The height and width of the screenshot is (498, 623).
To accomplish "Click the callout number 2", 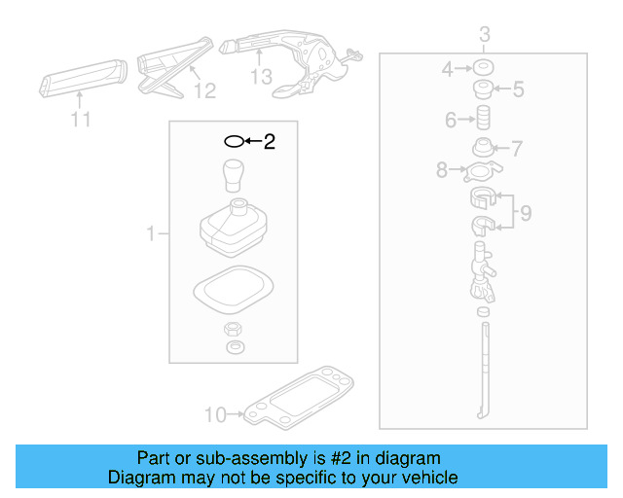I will [269, 142].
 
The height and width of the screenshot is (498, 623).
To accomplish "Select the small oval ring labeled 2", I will [234, 142].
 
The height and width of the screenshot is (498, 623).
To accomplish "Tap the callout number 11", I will [81, 120].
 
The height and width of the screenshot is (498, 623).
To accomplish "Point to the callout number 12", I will [203, 91].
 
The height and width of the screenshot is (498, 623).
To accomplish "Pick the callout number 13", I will [261, 76].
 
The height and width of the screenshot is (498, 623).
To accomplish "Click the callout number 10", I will [214, 415].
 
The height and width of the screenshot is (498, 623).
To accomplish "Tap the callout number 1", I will [151, 233].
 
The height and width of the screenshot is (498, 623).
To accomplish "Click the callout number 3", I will [484, 37].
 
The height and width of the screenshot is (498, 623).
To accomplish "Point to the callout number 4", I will [448, 69].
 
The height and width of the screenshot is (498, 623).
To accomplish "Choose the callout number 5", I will [518, 90].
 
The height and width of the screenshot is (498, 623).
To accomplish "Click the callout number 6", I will [451, 121].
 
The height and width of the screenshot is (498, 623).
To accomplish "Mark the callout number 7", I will [517, 149].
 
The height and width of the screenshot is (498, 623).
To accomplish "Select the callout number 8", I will [442, 170].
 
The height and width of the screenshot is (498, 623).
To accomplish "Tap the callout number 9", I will [526, 213].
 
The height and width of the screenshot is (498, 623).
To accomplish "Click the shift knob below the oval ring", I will [234, 175].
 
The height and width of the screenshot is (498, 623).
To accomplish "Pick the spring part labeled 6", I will [481, 121].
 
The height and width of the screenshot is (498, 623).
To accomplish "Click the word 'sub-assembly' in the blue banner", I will [236, 458].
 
